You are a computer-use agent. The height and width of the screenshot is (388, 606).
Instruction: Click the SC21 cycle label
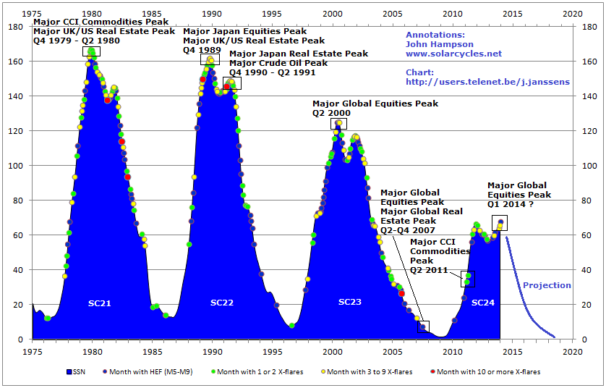99,302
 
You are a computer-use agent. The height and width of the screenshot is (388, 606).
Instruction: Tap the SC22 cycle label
222,302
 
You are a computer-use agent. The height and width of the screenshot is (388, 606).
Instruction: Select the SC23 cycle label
350,301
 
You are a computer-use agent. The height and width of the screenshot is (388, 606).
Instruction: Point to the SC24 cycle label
483,302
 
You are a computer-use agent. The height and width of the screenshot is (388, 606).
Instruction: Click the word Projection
547,285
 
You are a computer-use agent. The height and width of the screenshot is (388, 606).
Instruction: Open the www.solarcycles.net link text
453,54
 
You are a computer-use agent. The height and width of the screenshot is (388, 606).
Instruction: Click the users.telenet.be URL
487,82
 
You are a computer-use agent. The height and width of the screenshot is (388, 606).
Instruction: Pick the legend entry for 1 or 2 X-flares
259,371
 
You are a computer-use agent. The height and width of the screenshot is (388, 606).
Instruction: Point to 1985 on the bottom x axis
153,353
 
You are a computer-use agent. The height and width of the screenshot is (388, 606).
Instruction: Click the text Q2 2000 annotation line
331,113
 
